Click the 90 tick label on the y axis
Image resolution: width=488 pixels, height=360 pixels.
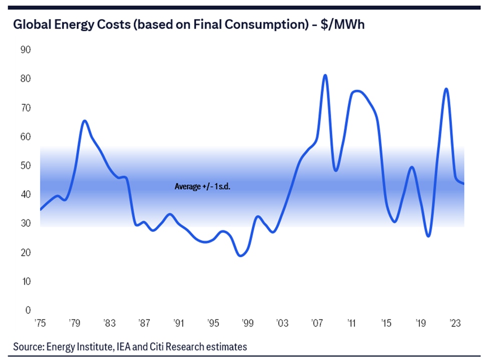(25, 50)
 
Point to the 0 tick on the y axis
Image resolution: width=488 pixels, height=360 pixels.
(28, 310)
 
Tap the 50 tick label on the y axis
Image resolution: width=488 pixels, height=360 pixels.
(25, 166)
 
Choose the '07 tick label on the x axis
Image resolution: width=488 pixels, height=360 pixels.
(316, 322)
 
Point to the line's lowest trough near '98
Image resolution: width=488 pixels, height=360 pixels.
(241, 255)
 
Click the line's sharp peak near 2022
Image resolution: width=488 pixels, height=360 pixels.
(446, 89)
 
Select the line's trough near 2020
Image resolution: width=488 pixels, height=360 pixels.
(428, 236)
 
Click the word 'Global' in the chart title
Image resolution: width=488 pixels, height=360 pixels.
(32, 25)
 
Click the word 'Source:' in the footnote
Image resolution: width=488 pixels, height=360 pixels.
(28, 346)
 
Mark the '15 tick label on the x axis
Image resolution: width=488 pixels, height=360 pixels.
(386, 322)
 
